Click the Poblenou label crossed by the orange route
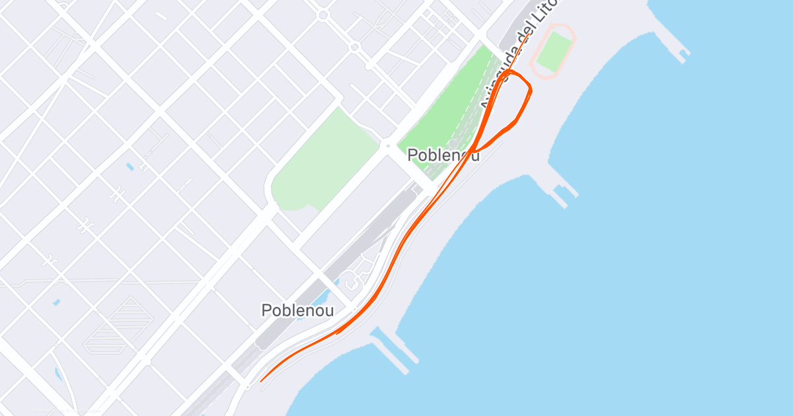click(x=441, y=155)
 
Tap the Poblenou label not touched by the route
click(x=297, y=310)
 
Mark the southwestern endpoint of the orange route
click(x=262, y=381)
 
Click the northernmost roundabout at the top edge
click(x=322, y=15)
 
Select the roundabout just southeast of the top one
click(x=354, y=47)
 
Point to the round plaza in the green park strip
click(x=453, y=143)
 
